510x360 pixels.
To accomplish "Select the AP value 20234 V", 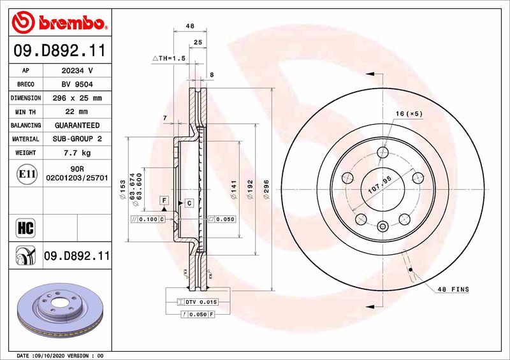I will click(x=76, y=71).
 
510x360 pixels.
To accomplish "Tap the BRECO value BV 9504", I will click(x=76, y=84).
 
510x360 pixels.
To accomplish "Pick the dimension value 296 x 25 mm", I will click(x=76, y=98).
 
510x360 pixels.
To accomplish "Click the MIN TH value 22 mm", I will click(x=76, y=112).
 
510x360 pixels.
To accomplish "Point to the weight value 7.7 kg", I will click(x=76, y=153).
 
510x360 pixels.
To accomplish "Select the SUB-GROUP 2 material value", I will click(x=76, y=139).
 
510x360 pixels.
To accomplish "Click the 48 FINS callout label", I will click(x=453, y=290).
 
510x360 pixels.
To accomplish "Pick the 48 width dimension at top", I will click(x=189, y=26).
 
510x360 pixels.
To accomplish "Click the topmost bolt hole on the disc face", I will click(x=382, y=152).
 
